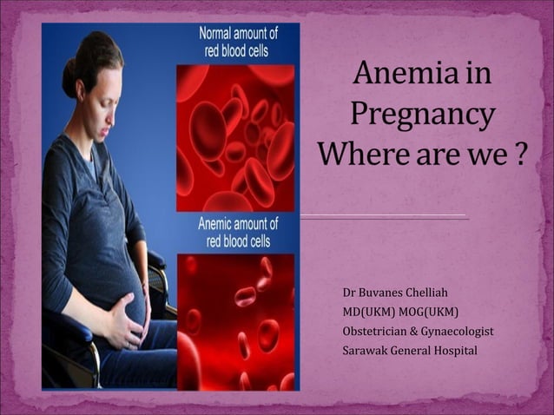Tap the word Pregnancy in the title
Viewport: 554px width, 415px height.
pyautogui.click(x=422, y=115)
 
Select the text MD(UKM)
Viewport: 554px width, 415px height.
pyautogui.click(x=368, y=312)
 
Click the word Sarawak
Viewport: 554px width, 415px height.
pyautogui.click(x=366, y=350)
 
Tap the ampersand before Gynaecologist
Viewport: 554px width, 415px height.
pyautogui.click(x=414, y=331)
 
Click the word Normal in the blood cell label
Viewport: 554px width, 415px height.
pyautogui.click(x=217, y=34)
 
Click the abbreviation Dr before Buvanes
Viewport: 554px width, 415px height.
pyautogui.click(x=350, y=293)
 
